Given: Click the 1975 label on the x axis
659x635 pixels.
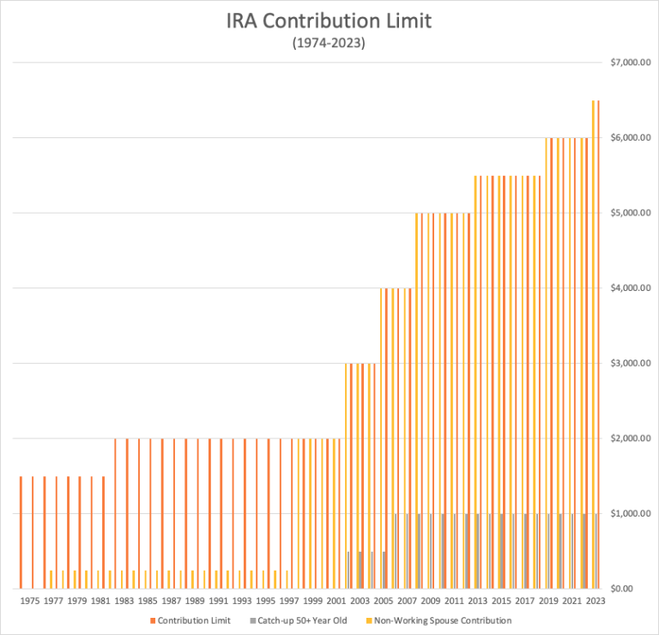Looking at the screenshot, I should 29,602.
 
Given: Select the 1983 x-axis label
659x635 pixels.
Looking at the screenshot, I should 124,602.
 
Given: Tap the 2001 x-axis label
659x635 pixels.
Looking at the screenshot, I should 336,602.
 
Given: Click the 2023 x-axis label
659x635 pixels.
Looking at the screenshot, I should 595,602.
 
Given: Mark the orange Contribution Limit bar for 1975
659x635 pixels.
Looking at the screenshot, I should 33,532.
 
